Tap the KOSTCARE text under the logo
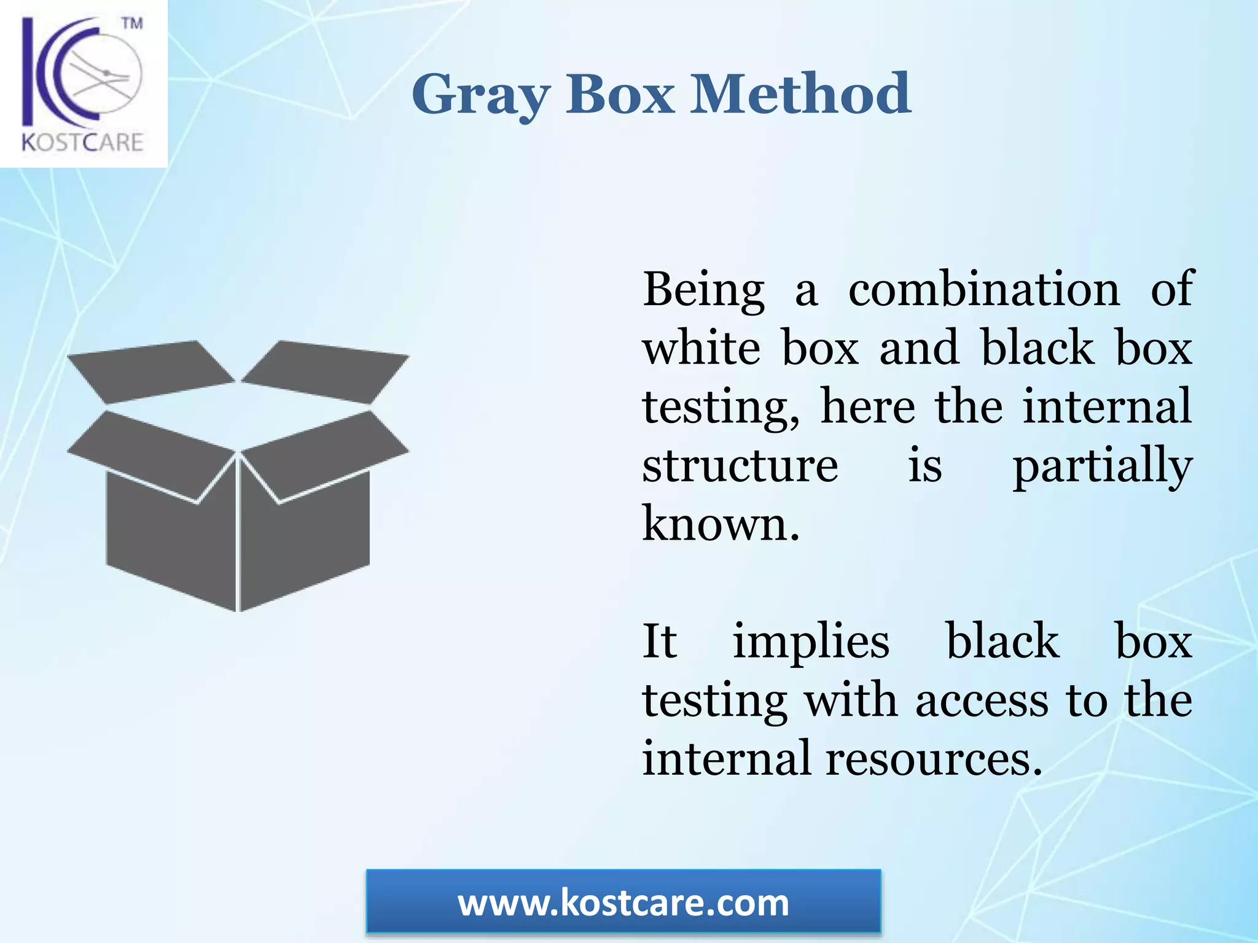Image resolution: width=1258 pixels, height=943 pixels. coord(82,142)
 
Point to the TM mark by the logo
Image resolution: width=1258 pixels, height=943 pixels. coord(131,24)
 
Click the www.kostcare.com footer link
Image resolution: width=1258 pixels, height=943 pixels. coord(623,902)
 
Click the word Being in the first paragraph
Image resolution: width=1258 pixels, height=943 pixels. coord(703,289)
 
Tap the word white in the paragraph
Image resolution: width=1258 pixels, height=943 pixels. coord(701,347)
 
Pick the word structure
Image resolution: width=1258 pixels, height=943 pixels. coord(740,465)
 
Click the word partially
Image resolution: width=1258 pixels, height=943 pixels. coord(1102,467)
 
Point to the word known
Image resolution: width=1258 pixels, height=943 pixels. coord(720,524)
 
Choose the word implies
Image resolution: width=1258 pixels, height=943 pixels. coord(811,642)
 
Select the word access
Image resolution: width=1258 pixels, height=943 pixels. coord(982,700)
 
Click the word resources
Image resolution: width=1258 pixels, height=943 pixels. coord(934,758)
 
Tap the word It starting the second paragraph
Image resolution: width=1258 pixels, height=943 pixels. coord(659,641)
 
